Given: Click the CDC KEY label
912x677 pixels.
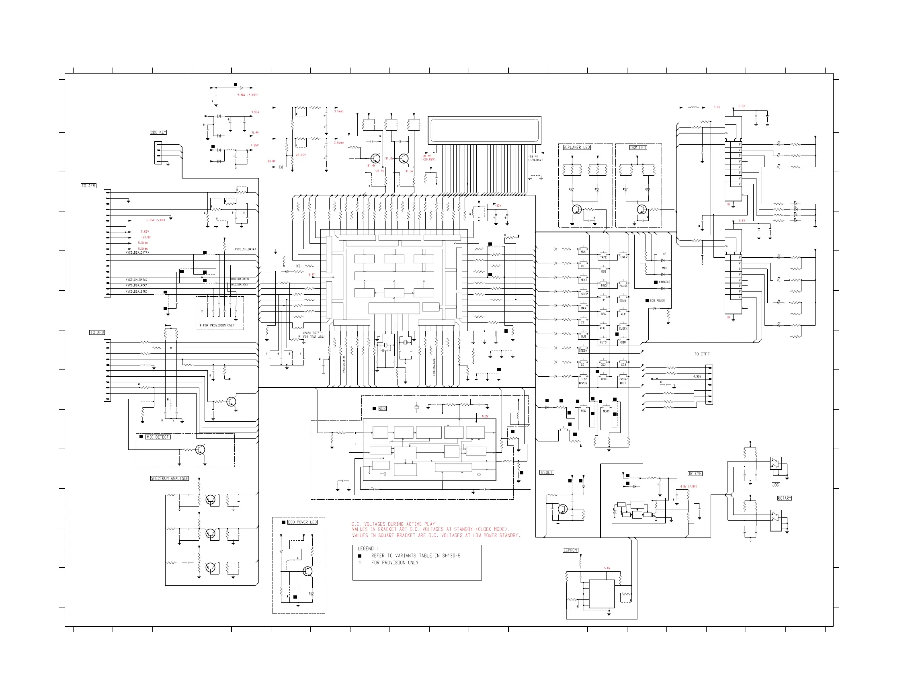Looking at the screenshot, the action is click(x=158, y=132).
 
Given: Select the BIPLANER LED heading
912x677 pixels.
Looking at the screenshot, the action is click(x=576, y=148).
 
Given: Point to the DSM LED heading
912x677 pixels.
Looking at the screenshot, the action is click(x=638, y=148).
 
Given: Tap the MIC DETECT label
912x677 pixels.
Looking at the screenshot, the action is click(x=158, y=437).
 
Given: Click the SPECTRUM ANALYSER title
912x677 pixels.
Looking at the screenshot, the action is click(x=170, y=478).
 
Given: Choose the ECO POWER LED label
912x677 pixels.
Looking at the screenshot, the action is click(x=302, y=522).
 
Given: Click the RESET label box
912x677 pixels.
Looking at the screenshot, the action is click(x=547, y=472).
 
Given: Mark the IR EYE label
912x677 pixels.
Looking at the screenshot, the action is click(x=695, y=474).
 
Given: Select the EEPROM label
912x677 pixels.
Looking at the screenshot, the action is click(x=570, y=550).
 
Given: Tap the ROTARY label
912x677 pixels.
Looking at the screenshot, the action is click(x=784, y=499).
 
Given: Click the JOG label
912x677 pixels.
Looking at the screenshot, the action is click(x=776, y=485).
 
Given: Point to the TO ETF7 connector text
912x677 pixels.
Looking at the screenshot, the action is click(x=702, y=354).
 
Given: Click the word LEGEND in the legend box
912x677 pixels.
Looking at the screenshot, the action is click(x=365, y=548).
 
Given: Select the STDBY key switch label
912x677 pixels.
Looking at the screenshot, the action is click(x=583, y=351).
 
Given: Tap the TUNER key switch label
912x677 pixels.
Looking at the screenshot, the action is click(x=623, y=257).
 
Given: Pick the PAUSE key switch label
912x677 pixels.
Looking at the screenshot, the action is click(x=623, y=286).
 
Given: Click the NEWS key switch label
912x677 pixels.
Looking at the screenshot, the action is click(x=607, y=411).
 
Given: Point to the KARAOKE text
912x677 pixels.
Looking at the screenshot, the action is click(x=664, y=282).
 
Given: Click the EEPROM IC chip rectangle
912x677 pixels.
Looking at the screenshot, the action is click(x=601, y=594).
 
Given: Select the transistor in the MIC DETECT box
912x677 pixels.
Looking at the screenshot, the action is click(x=200, y=450).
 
